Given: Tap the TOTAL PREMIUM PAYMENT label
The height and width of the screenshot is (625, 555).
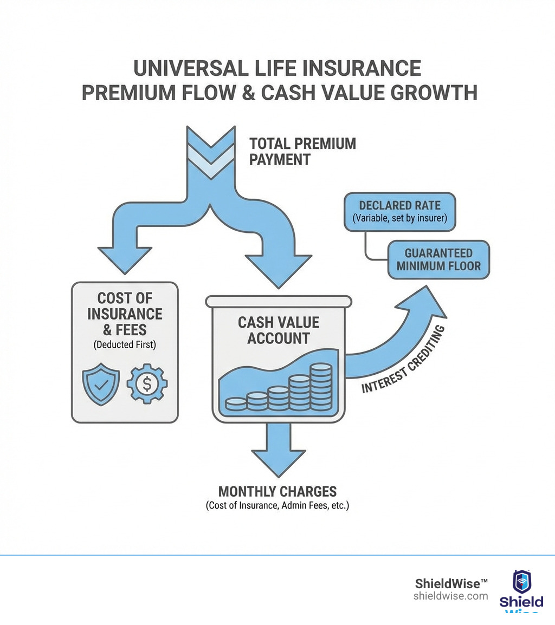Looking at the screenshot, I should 302,152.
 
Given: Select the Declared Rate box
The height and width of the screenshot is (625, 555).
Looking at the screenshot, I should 399,212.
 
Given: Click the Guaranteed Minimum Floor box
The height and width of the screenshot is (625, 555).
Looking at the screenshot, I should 438,260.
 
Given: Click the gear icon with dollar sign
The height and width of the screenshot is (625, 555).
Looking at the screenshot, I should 147,384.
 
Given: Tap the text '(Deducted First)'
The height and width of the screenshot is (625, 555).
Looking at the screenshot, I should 125,344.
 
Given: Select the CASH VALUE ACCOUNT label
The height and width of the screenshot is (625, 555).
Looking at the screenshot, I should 279,330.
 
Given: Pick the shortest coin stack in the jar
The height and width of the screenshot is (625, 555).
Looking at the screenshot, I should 236,404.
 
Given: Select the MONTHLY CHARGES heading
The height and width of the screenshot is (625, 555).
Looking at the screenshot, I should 277,492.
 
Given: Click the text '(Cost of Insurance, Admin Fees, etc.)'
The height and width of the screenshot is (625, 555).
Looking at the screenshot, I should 277,506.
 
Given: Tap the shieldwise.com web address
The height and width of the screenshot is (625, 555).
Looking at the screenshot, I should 450,596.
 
